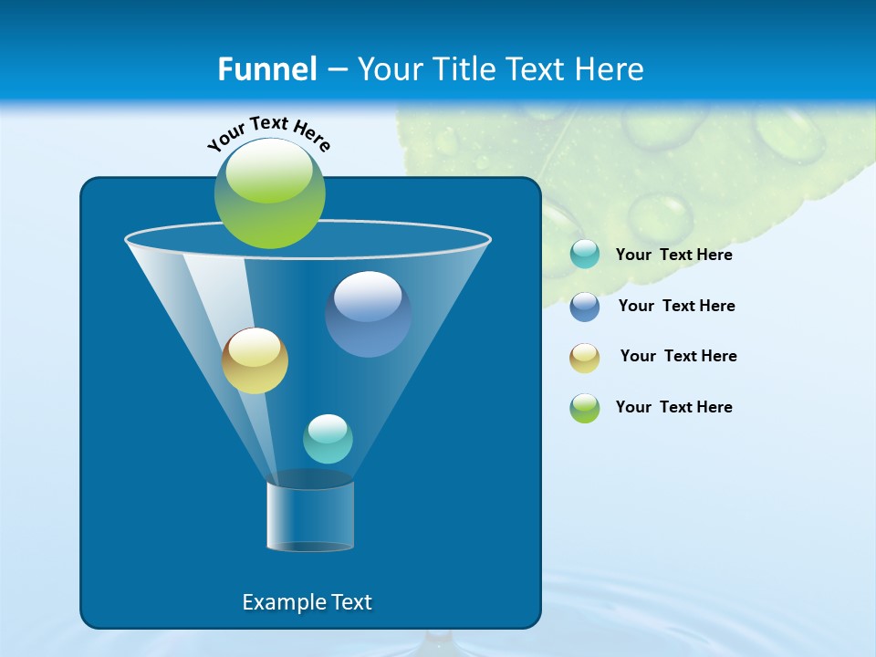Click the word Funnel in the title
(267, 69)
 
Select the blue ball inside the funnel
(368, 315)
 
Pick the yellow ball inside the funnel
(255, 361)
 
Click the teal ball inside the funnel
(328, 439)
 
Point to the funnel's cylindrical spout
(310, 516)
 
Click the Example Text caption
(307, 602)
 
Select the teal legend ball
(585, 255)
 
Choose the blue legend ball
(585, 306)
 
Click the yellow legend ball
(585, 357)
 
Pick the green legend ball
(585, 408)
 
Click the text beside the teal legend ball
(673, 255)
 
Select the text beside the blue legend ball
(676, 307)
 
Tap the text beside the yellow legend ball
(678, 357)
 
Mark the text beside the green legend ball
(673, 408)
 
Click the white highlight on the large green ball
(269, 173)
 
